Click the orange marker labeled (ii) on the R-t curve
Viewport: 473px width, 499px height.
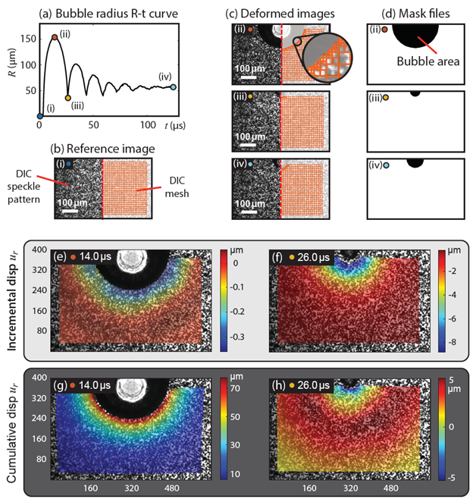click(x=54, y=37)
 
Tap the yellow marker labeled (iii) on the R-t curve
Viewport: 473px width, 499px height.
click(x=68, y=98)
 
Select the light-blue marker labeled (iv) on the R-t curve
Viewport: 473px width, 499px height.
click(x=174, y=87)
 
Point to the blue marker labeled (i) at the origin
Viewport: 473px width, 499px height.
click(x=39, y=116)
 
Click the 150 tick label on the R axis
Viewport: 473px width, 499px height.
click(x=26, y=36)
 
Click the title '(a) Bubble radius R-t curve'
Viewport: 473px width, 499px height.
click(x=109, y=11)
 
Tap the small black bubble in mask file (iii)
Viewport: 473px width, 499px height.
click(x=415, y=93)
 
